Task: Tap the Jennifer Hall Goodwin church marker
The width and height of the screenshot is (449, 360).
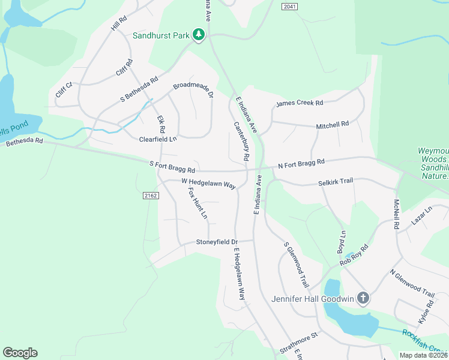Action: click(x=363, y=298)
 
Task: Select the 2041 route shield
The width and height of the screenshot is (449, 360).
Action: click(x=289, y=6)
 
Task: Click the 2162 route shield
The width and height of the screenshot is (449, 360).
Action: click(x=150, y=196)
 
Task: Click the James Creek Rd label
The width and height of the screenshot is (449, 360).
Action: click(x=300, y=104)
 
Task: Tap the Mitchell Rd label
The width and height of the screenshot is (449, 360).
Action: click(x=333, y=125)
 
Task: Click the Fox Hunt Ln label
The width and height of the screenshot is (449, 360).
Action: click(x=197, y=203)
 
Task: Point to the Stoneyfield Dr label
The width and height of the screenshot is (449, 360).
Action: click(x=217, y=242)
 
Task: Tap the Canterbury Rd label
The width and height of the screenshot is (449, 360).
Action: click(x=241, y=141)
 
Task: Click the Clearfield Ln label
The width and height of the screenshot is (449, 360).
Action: click(x=158, y=139)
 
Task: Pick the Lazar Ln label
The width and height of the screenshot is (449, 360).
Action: click(x=421, y=218)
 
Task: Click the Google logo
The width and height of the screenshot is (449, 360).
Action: click(x=20, y=353)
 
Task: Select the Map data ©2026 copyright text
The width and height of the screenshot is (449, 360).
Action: click(x=423, y=355)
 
